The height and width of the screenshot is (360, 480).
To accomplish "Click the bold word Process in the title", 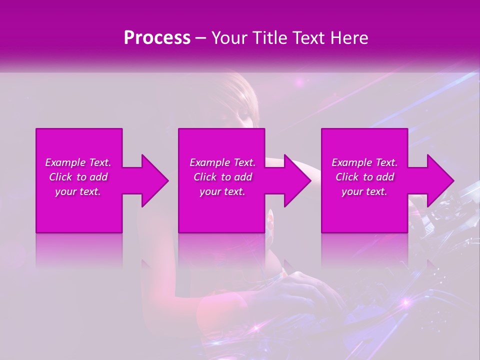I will pos(157,38).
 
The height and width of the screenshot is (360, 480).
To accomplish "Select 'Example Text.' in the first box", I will pos(78,162).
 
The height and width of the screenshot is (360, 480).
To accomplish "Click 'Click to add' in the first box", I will pos(78,177).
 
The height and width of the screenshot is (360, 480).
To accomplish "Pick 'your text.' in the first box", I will pos(78,191).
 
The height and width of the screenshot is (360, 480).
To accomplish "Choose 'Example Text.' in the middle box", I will pos(222,162).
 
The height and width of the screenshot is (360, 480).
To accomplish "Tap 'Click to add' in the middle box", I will pos(222,177).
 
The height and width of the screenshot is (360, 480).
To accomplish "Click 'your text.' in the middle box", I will pos(222,191).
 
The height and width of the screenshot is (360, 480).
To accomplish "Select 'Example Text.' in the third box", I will pos(364,162).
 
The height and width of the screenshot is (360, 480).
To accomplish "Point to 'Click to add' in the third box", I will pos(364,177).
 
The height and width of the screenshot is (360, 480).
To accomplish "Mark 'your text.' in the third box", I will pos(364,191).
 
